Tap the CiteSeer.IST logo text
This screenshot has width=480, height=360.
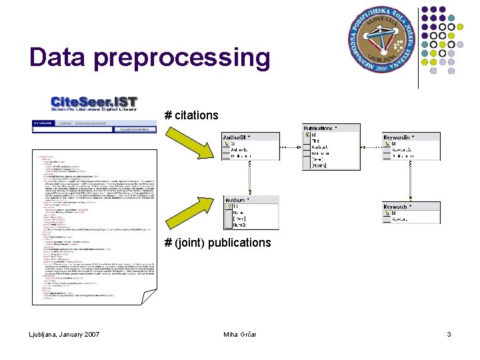click(x=94, y=103)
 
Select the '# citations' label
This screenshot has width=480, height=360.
click(x=191, y=115)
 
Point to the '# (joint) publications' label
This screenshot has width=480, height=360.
click(x=218, y=243)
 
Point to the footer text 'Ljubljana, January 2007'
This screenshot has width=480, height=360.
click(x=65, y=334)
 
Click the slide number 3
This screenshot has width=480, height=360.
click(x=449, y=334)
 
